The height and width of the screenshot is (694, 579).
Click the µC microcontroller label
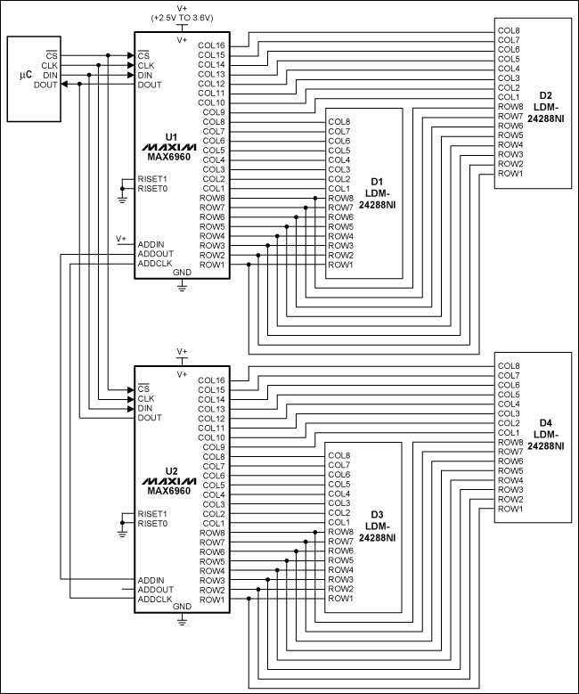[25, 75]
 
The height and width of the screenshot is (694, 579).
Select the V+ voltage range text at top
[182, 19]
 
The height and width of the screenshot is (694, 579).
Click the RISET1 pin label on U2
[152, 513]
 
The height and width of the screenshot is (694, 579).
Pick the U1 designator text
[172, 138]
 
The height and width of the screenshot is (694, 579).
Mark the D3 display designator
[376, 514]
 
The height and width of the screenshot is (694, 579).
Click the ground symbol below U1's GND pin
[182, 287]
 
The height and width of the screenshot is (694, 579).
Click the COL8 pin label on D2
[509, 30]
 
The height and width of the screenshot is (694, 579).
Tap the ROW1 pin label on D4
[509, 509]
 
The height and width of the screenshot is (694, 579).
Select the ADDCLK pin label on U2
[155, 599]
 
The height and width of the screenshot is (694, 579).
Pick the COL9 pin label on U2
[214, 446]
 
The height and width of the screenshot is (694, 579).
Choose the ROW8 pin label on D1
[339, 198]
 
